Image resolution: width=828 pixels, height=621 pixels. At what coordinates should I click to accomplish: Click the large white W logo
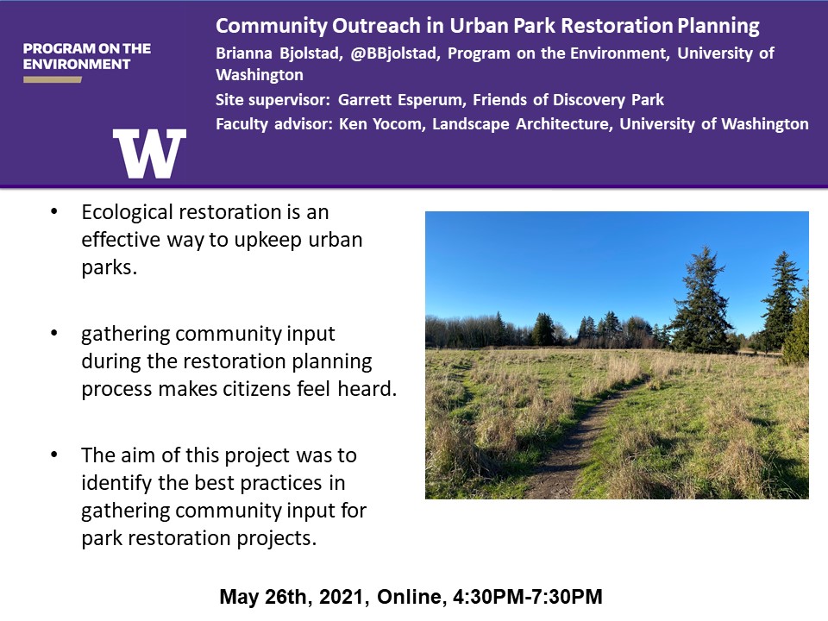click(x=149, y=154)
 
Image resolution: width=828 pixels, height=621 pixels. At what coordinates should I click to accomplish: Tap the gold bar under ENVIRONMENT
click(x=53, y=79)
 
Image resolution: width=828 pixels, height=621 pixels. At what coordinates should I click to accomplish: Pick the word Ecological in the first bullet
click(x=127, y=213)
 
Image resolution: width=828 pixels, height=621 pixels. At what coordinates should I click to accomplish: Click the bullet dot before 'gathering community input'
click(x=53, y=333)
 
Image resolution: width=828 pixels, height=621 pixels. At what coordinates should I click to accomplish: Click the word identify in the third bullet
click(x=112, y=484)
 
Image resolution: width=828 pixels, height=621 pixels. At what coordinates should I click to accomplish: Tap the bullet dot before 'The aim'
click(x=53, y=455)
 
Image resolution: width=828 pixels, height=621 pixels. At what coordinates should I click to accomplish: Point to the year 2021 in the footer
click(x=342, y=597)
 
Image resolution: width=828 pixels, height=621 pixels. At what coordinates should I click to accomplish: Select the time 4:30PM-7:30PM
click(x=528, y=597)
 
